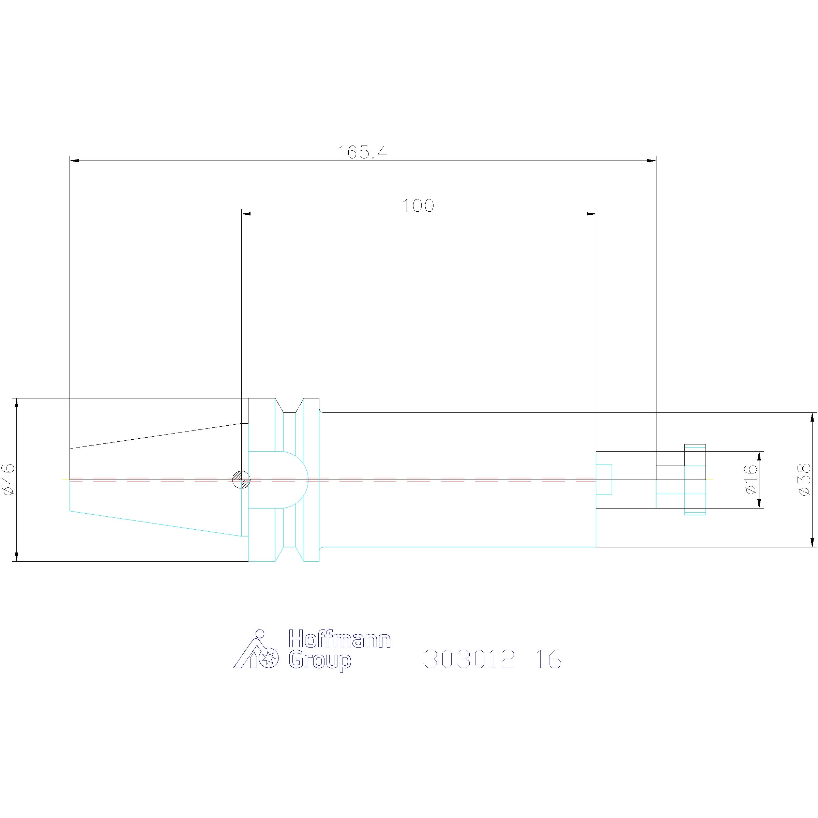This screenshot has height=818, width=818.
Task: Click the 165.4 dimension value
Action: (x=362, y=152)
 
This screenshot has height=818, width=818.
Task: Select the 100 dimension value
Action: (x=418, y=206)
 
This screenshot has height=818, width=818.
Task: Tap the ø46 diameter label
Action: (x=9, y=479)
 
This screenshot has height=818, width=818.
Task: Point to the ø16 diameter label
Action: (x=750, y=479)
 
